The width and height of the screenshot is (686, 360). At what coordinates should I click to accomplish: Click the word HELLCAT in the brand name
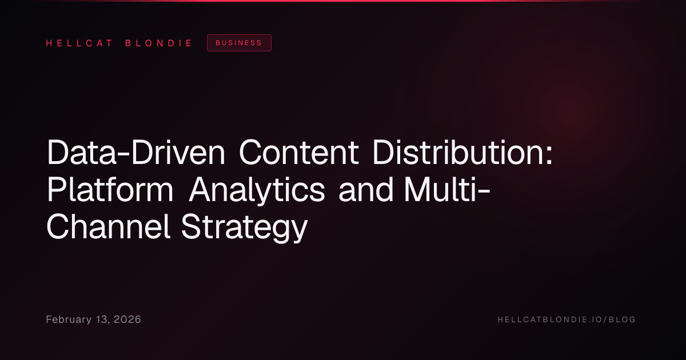(79, 43)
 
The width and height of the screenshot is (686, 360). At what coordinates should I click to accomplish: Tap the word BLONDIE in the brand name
(158, 43)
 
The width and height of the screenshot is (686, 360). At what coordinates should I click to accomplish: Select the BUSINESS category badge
(239, 43)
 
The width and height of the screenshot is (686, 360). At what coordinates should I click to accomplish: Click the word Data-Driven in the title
(136, 153)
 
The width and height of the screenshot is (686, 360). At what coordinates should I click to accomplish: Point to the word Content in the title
(298, 153)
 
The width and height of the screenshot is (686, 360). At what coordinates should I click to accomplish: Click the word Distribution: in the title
(462, 153)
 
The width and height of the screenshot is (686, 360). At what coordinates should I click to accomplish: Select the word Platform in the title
(110, 190)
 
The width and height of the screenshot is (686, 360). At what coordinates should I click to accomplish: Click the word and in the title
(366, 190)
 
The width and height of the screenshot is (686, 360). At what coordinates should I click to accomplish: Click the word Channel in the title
(108, 227)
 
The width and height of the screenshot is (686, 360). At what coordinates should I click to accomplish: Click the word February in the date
(69, 319)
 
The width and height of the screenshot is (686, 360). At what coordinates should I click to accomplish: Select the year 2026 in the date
(127, 319)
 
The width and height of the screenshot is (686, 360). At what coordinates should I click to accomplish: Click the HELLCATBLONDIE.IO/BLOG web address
(567, 319)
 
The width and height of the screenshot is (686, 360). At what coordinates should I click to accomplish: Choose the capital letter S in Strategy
(192, 227)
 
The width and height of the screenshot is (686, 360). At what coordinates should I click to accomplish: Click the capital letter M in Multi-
(417, 190)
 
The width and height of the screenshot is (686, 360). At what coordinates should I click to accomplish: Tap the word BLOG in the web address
(622, 319)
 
